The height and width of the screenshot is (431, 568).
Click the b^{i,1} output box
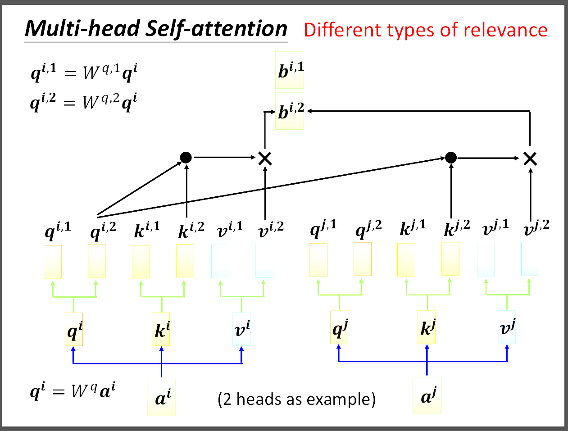coord(290,70)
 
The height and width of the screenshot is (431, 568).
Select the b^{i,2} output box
coord(290,111)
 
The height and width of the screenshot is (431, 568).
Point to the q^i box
coord(74,329)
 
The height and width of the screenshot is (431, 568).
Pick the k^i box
coord(161,329)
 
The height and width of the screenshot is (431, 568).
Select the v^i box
coord(241,329)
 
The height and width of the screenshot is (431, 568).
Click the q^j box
coord(339,327)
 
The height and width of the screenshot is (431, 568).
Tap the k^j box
coord(427,327)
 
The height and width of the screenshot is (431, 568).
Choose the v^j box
coord(507,327)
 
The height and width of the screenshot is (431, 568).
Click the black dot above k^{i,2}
coord(186,157)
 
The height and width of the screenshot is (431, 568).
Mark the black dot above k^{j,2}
coord(451,157)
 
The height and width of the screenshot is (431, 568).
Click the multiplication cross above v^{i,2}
coord(265,158)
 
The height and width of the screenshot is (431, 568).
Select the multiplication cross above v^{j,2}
coord(530,158)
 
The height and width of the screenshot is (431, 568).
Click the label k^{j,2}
coord(457,228)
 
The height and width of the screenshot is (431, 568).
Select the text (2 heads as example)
coord(296,399)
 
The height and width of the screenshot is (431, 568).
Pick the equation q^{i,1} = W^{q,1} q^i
coord(84,72)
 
